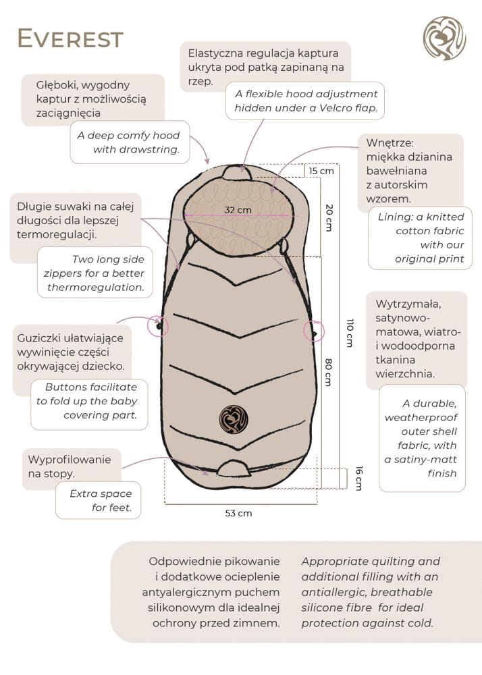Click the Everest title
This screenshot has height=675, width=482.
tap(70, 39)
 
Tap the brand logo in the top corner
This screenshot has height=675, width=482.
tap(444, 38)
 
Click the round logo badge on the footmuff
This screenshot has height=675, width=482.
tap(233, 418)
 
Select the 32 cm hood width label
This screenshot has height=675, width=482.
tap(238, 210)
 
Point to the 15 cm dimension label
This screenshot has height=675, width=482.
tap(321, 171)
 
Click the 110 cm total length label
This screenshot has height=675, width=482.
tap(350, 332)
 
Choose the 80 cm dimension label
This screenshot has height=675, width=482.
tap(328, 371)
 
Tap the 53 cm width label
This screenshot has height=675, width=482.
tap(238, 513)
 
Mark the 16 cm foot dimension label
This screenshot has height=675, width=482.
tap(358, 478)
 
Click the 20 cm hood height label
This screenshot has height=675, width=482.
tap(329, 217)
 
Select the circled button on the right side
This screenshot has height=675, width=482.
tap(313, 331)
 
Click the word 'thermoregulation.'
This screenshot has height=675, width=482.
tap(96, 287)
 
